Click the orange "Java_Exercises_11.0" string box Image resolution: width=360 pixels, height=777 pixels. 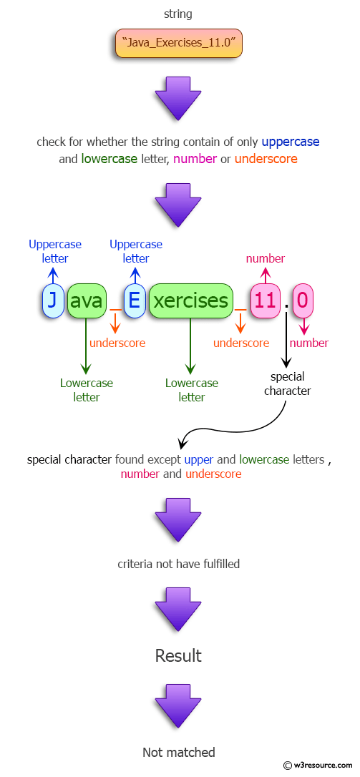tap(179, 44)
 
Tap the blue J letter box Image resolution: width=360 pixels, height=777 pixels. tap(52, 300)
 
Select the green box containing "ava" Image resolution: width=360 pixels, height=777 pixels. tap(87, 300)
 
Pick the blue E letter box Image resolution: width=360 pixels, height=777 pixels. tap(135, 300)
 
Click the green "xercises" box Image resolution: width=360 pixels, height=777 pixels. tap(190, 300)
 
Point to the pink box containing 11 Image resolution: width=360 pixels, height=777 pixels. tap(265, 300)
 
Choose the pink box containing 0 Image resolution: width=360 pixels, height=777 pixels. tap(303, 300)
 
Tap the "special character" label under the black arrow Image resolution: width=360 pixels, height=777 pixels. tap(287, 383)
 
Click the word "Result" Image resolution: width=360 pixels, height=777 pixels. tap(178, 655)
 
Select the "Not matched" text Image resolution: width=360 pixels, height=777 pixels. tap(178, 752)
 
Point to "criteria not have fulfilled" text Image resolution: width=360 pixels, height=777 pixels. tap(178, 564)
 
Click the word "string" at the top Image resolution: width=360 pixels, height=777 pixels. tap(178, 14)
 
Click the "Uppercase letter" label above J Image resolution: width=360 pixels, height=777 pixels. tap(55, 251)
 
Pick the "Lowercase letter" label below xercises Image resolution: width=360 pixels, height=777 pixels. tap(191, 390)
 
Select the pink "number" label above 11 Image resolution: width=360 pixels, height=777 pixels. tap(265, 258)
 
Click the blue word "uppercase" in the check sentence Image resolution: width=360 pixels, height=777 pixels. tap(290, 142)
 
